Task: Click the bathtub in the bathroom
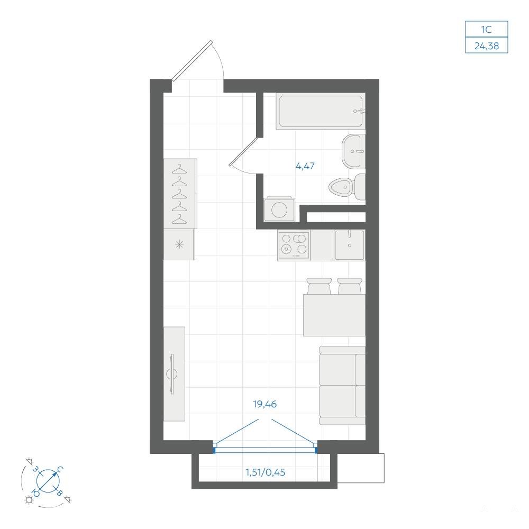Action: [321, 111]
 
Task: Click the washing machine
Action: [279, 209]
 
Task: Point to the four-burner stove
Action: [294, 245]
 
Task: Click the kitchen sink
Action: [350, 245]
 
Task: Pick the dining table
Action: [334, 315]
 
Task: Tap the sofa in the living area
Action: [342, 385]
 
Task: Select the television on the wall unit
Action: [172, 374]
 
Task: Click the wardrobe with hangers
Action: [180, 194]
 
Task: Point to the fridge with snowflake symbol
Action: [179, 244]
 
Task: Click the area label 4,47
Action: [305, 166]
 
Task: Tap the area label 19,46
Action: [265, 404]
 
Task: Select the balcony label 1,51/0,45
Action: [265, 472]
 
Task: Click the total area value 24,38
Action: [487, 46]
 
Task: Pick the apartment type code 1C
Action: [487, 30]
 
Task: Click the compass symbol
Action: [48, 481]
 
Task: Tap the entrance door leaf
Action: [193, 61]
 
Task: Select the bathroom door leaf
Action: [243, 151]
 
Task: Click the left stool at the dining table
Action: [319, 286]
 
